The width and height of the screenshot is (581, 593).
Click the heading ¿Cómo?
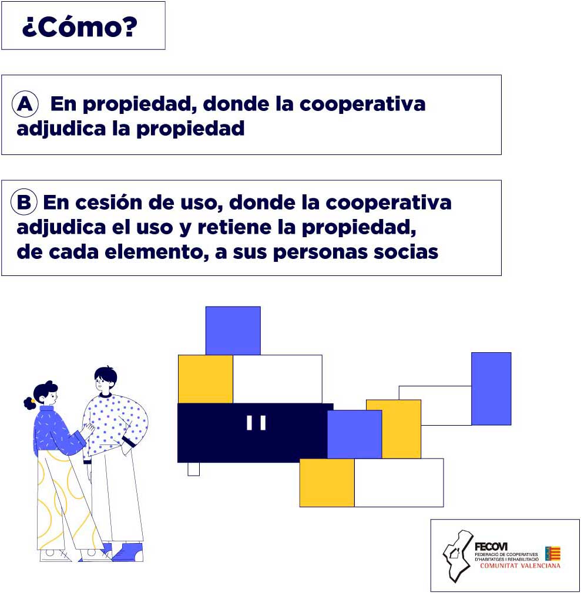pos(79,26)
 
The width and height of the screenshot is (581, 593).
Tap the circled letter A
pos(25,103)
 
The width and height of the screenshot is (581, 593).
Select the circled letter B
pos(24,202)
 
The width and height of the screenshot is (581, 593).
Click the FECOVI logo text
pos(491,547)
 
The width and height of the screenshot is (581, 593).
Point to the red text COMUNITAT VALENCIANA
pos(520,566)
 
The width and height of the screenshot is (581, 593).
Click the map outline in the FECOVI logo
pos(458,556)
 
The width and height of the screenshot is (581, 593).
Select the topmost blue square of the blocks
pos(233,331)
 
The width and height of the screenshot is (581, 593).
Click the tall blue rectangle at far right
pos(491,389)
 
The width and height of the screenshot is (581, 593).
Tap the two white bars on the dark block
pos(256,423)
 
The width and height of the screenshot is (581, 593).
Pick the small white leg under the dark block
pos(193,469)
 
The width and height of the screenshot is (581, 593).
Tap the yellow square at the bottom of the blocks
pos(327,483)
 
